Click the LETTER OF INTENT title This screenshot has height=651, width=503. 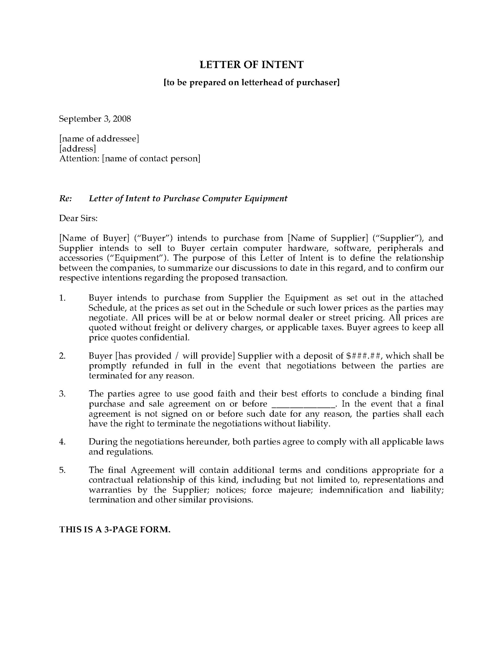pos(251,64)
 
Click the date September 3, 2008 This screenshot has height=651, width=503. pos(95,119)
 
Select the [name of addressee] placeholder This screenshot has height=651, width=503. pos(99,139)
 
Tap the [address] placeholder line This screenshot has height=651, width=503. pos(77,149)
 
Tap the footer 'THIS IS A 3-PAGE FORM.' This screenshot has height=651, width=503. pos(115,530)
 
